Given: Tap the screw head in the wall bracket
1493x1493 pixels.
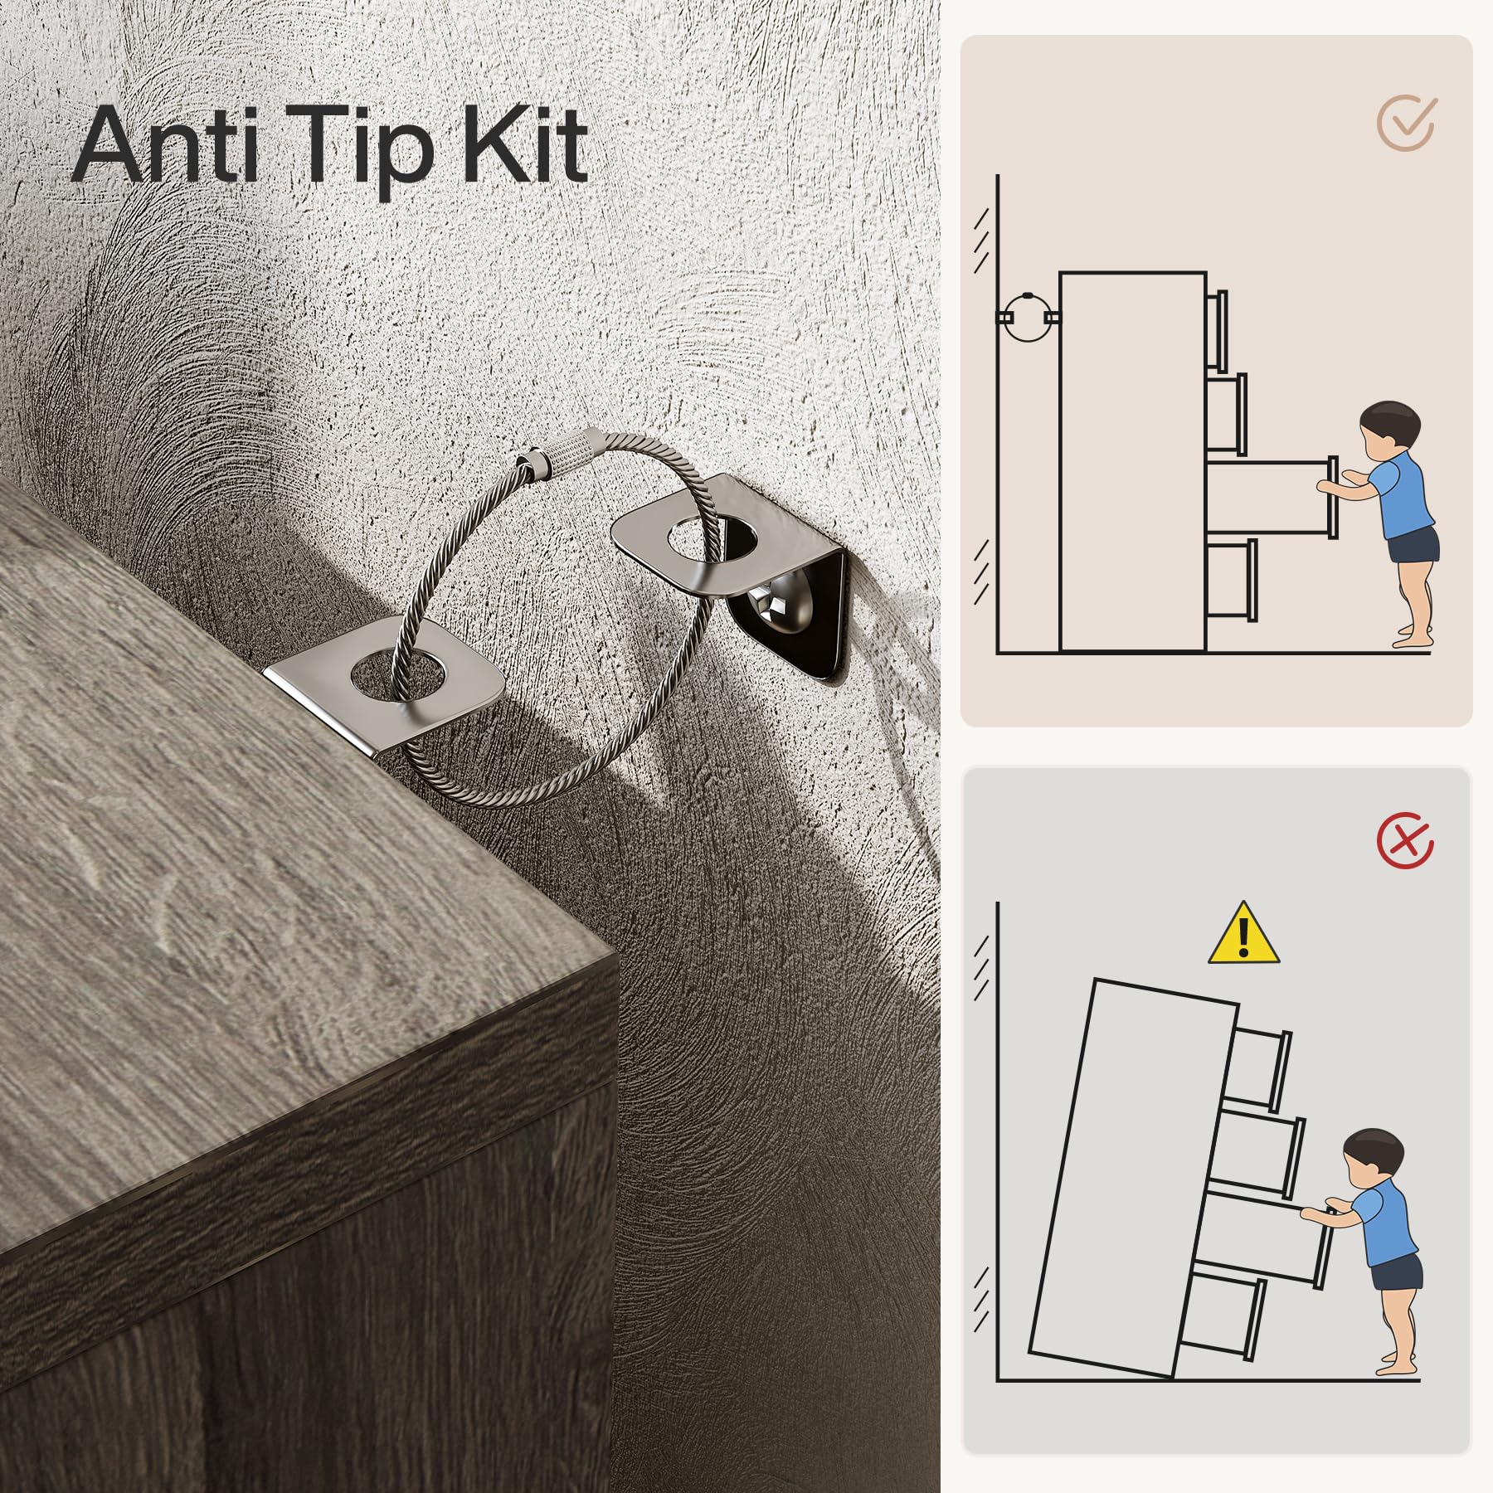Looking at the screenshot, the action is point(766,609).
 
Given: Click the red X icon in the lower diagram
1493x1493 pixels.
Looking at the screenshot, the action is point(1405,841).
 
